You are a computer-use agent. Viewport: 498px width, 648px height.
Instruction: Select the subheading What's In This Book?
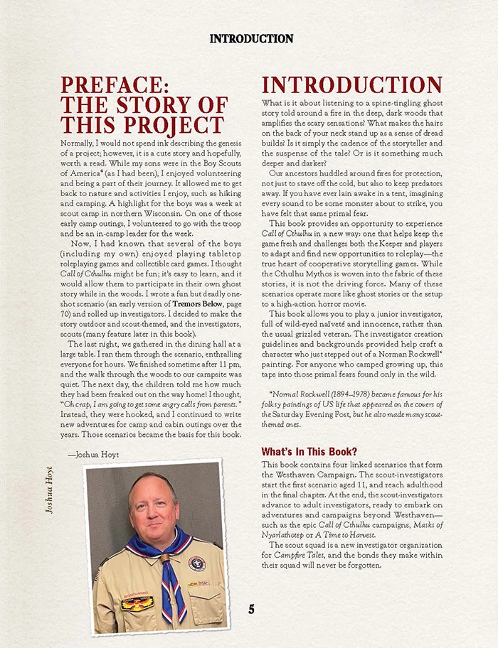309,451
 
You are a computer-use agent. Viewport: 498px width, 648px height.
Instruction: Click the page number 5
251,609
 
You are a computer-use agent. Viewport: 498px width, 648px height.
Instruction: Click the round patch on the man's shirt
196,563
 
